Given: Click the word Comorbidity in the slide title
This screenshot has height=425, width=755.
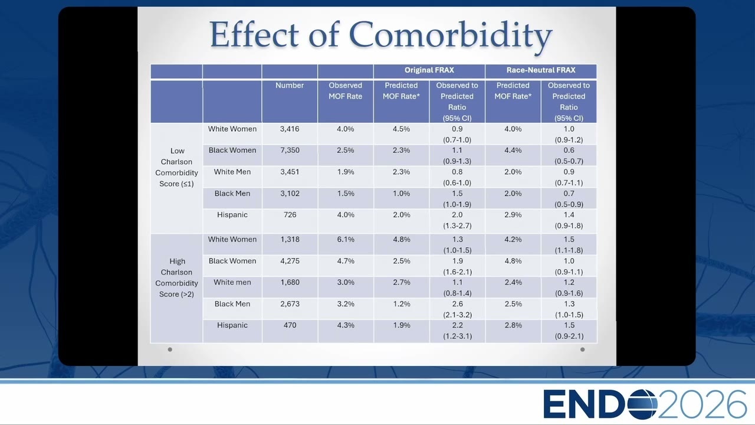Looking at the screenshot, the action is [x=450, y=35].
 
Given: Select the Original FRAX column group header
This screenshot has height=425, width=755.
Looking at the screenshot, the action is [x=429, y=70].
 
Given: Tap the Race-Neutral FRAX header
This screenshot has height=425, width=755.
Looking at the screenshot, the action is [x=541, y=70].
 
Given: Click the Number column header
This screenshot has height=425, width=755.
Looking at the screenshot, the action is [x=290, y=86].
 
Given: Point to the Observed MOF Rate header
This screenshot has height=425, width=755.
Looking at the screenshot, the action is [x=345, y=91].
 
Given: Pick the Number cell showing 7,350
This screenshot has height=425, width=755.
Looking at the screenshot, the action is [x=290, y=150].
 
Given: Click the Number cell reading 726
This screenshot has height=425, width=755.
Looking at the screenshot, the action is [x=290, y=214].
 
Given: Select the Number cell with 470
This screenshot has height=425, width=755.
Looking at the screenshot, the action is [x=290, y=325].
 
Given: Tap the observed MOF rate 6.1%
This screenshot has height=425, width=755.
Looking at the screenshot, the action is [x=346, y=239].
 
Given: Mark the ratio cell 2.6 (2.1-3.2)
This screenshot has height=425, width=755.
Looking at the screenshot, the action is [x=457, y=309].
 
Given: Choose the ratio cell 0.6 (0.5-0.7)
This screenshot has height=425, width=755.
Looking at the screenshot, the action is [x=569, y=155].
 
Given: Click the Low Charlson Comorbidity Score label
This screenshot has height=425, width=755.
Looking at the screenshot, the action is [x=176, y=167].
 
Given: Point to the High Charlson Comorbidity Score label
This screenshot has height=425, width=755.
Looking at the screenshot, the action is [x=176, y=277].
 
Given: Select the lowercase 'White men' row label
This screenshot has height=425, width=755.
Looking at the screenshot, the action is [x=232, y=282].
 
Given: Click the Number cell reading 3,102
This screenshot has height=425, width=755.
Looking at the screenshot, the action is [x=290, y=193].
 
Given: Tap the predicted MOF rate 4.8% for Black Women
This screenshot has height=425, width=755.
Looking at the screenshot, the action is [x=513, y=261].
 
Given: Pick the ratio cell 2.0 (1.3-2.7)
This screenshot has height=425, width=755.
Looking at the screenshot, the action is [x=457, y=220].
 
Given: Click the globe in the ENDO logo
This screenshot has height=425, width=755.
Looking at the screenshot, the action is [x=643, y=404].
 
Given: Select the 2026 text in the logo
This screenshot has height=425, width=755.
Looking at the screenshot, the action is [x=702, y=404].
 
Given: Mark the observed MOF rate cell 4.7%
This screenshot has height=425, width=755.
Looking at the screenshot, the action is [x=346, y=261].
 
